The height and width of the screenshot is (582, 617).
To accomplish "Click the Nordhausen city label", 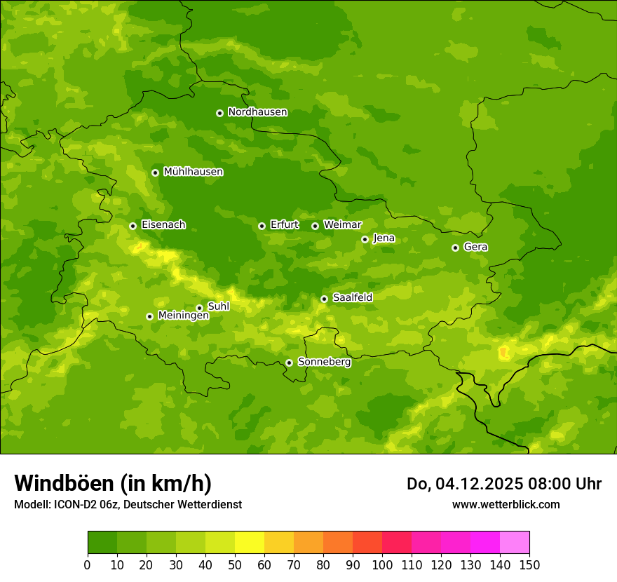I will pos(257,112).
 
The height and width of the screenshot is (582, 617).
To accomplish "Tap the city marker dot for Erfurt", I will pos(262,226).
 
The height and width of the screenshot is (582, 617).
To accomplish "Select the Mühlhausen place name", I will pos(193,172).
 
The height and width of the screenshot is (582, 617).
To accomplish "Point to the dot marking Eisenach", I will pos(133,226).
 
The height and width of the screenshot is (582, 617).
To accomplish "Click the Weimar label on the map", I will pos(342,225).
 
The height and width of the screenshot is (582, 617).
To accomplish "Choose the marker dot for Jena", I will pos(365,239).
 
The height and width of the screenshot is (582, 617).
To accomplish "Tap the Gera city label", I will pos(475,247).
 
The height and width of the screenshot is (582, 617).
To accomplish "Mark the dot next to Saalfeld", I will pos(324,299).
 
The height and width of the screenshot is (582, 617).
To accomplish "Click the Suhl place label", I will pos(218,306).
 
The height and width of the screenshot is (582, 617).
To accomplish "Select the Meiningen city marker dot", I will pos(149,316).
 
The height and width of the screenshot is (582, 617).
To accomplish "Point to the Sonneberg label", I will pos(324,362).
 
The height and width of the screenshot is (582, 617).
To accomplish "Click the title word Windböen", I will pos(63,483).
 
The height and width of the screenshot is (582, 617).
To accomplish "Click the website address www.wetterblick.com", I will pos(506,504).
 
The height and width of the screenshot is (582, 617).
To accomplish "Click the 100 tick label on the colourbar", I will pos(382,564).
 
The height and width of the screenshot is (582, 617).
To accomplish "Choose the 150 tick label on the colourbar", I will pos(529,564).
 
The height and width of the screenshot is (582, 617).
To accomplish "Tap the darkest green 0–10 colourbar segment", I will pos(102,543).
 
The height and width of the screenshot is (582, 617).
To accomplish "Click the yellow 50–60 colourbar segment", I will pos(250,543).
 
